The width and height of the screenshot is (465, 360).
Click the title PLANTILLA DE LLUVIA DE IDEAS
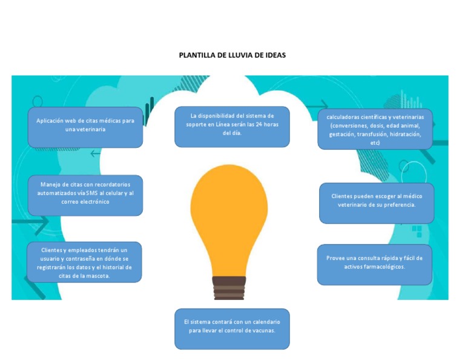coord(232,55)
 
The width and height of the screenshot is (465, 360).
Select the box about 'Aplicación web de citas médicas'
coord(85,127)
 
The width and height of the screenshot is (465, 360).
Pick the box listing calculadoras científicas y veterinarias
coord(375,129)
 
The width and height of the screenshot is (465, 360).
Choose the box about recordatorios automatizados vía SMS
coord(85,195)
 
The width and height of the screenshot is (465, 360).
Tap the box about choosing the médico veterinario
coord(376,203)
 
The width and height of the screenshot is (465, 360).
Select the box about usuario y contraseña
coord(84,262)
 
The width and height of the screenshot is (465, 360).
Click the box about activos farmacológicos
coord(374,265)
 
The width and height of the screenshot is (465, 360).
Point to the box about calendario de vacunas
coord(232,328)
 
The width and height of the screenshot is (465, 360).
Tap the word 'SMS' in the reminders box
coord(96,193)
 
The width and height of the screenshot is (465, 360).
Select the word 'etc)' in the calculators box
coord(375,142)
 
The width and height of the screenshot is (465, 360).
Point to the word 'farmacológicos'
coord(384,267)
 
